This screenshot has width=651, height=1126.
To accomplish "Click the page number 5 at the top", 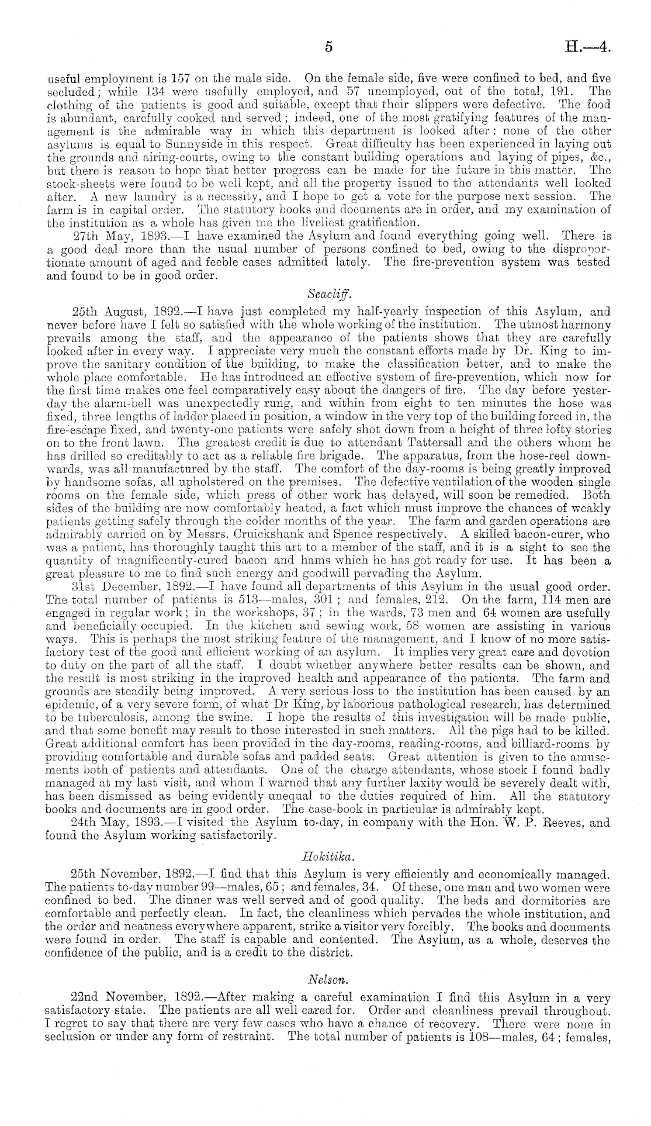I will coord(328,48).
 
